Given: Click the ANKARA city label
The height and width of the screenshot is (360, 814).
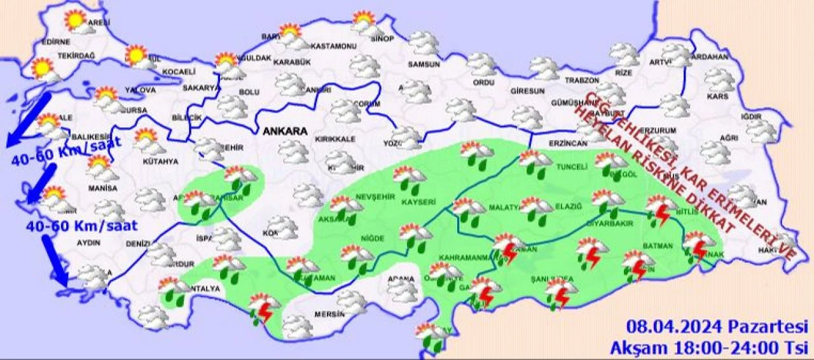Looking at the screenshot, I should (285, 132).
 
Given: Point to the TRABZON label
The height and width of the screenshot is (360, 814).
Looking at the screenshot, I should (582, 81).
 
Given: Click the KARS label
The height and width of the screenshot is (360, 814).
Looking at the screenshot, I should (717, 97).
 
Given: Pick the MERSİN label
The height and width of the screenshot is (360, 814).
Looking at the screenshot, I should (329, 314).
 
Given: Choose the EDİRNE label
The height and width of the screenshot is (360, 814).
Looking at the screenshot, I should (55, 42).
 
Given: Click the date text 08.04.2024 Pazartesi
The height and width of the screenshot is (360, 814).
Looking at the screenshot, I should (716, 327).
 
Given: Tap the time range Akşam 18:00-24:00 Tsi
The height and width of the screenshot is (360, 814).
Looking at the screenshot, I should (708, 347).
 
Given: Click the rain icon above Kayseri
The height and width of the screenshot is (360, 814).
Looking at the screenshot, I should (410, 179).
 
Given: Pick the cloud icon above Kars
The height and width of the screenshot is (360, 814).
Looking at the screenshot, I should (719, 79).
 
